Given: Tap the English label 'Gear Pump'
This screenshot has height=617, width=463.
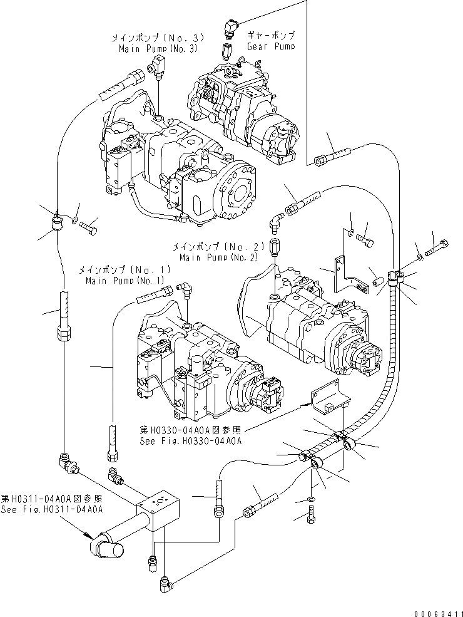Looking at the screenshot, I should (x=270, y=46).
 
